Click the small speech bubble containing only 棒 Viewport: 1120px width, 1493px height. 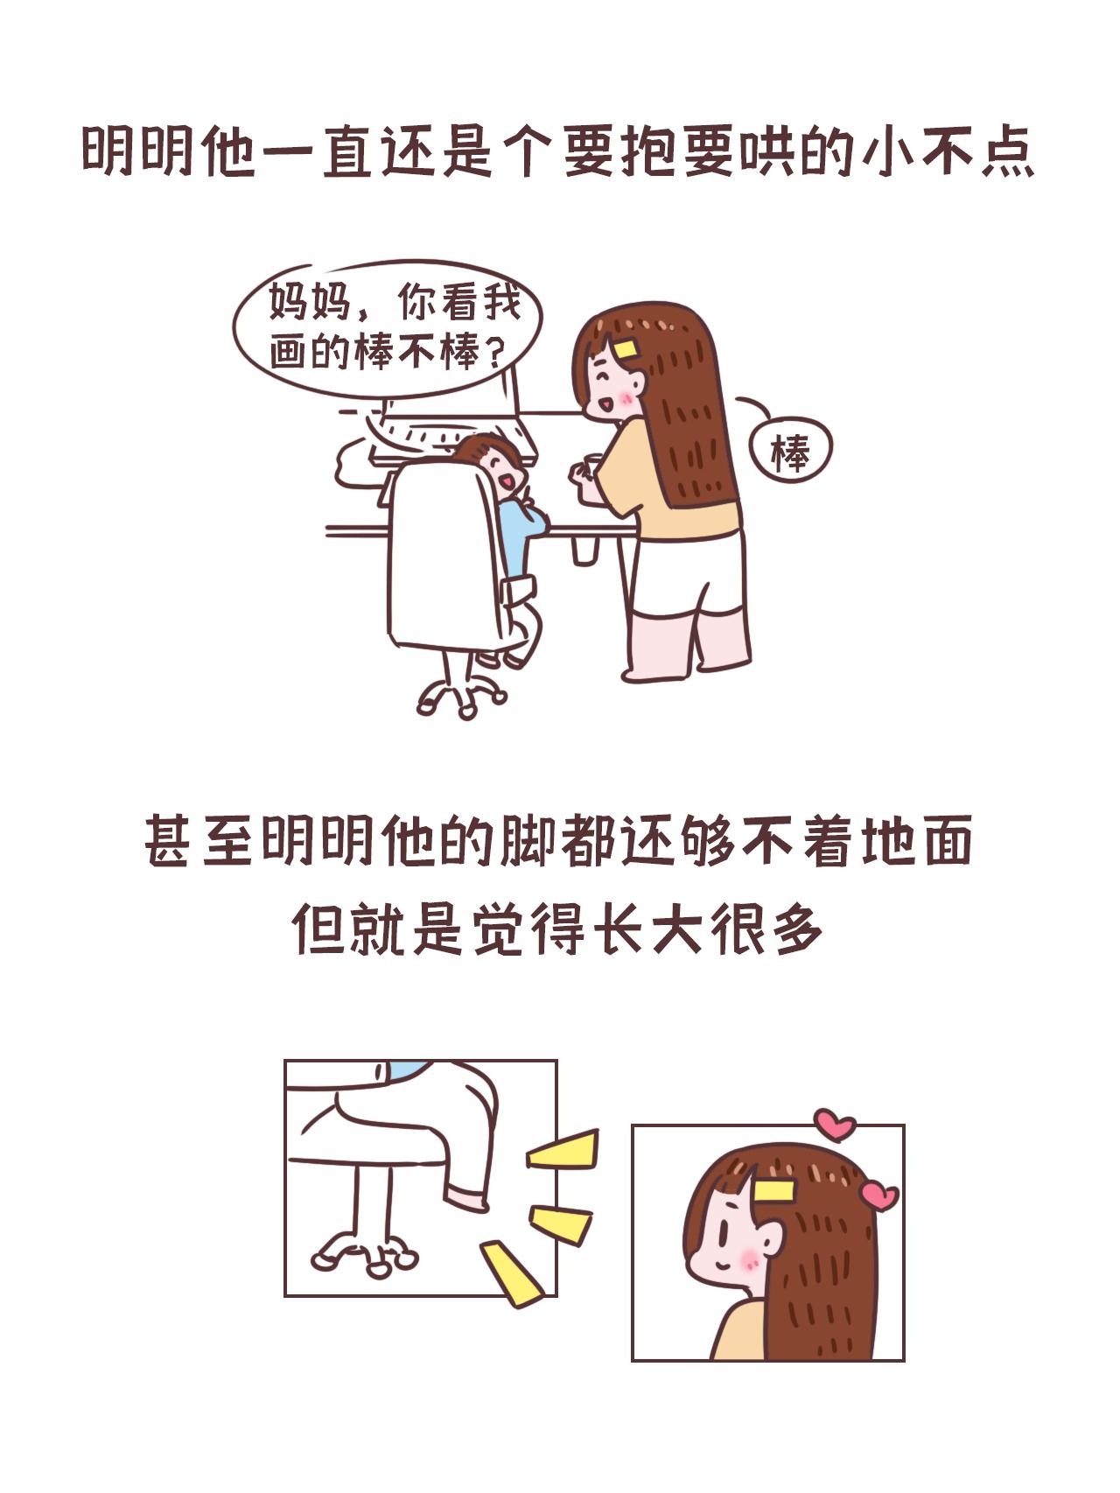(791, 452)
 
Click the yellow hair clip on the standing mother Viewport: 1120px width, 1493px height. (626, 348)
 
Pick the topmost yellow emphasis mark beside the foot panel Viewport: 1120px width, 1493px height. (563, 1150)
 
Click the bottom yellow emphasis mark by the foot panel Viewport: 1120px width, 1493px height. (512, 1273)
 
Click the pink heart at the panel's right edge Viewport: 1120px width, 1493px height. (879, 1195)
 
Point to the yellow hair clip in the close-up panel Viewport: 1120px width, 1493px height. (774, 1190)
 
